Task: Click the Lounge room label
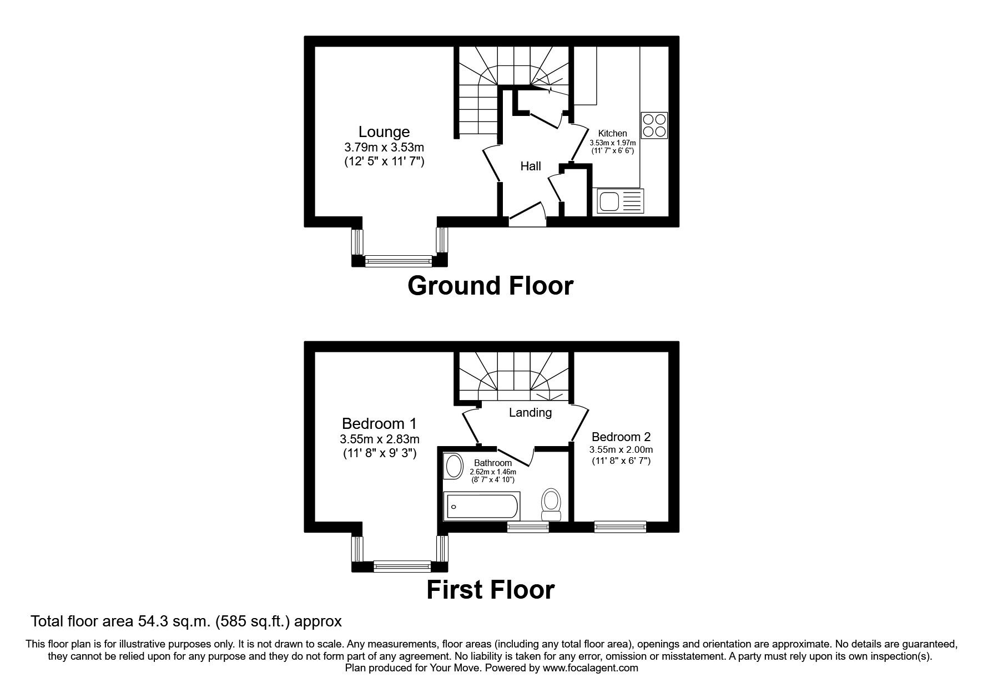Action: pyautogui.click(x=384, y=132)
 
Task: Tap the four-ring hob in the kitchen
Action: pyautogui.click(x=654, y=125)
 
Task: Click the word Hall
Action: pyautogui.click(x=531, y=166)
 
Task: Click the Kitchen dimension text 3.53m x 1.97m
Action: pyautogui.click(x=612, y=143)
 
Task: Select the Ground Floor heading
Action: pyautogui.click(x=490, y=286)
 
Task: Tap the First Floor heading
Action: pyautogui.click(x=490, y=590)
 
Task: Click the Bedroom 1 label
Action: pyautogui.click(x=379, y=424)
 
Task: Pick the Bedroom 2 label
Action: pyautogui.click(x=621, y=437)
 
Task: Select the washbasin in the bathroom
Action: pyautogui.click(x=453, y=467)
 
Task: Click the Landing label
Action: pyautogui.click(x=530, y=413)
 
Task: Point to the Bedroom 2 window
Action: pyautogui.click(x=620, y=527)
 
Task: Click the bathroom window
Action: pyautogui.click(x=528, y=527)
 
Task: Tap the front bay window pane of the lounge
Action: pyautogui.click(x=398, y=261)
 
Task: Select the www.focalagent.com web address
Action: pyautogui.click(x=590, y=668)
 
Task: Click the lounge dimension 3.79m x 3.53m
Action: pyautogui.click(x=384, y=148)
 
